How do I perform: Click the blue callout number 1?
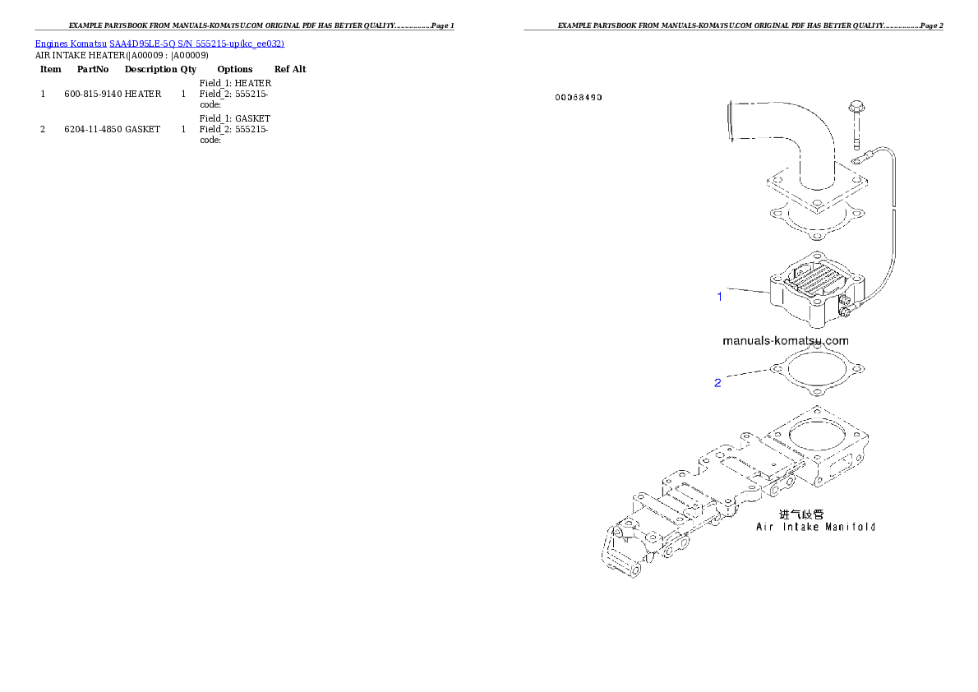click(720, 297)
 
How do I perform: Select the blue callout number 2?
click(717, 383)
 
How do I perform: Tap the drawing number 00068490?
click(579, 98)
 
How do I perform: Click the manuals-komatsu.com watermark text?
click(786, 341)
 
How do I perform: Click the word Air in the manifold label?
click(763, 527)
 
